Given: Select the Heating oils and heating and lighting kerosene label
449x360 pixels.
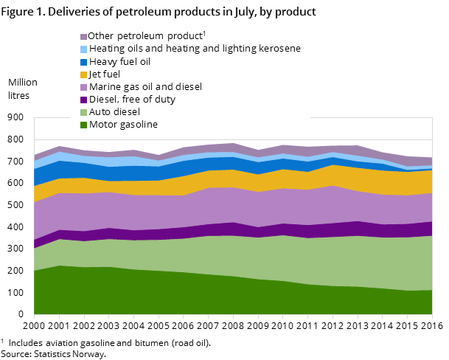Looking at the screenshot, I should (x=195, y=49).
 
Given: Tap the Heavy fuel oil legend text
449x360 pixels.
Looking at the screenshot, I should (x=119, y=61).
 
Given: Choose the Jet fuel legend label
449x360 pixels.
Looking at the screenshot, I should (x=105, y=74).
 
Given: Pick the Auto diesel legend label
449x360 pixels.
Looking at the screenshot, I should (x=114, y=111).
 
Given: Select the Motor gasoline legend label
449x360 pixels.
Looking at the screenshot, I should (x=123, y=124).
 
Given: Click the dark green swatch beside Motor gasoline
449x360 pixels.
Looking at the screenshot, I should (x=83, y=125).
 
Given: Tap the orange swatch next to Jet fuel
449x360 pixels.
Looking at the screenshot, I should (x=83, y=75).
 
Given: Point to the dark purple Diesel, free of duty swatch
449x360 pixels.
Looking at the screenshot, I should (x=83, y=100).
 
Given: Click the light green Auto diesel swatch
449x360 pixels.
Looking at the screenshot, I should (x=83, y=112).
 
